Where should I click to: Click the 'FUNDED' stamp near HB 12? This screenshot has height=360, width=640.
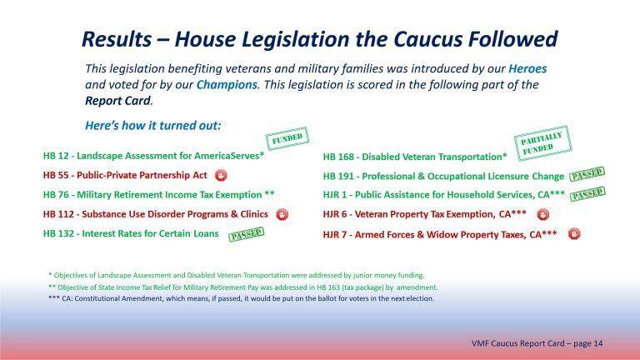click(285, 138)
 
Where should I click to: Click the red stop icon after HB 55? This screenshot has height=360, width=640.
click(221, 176)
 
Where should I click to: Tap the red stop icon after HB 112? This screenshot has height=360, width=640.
click(282, 214)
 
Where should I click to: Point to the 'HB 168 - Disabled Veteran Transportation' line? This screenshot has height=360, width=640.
click(414, 157)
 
